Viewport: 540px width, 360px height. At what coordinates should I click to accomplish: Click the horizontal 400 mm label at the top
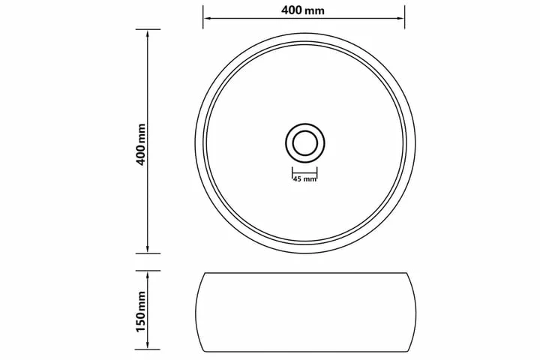click(x=303, y=10)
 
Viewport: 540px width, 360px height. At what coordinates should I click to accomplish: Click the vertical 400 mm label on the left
click(x=141, y=144)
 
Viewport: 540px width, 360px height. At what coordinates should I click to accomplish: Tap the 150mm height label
click(x=141, y=311)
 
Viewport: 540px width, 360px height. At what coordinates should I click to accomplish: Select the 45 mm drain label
click(x=304, y=178)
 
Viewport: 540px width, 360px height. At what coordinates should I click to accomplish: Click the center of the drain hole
click(x=305, y=143)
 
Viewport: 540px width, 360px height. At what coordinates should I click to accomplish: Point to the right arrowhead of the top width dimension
click(x=401, y=17)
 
